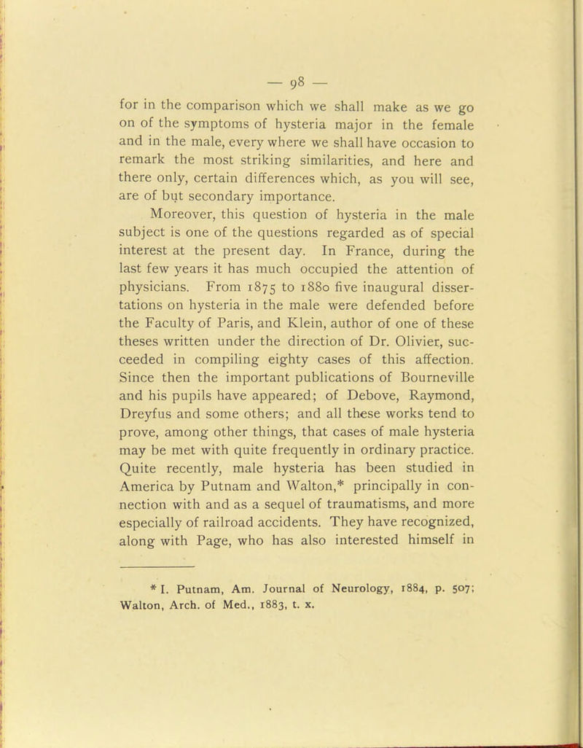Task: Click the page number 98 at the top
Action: coord(291,77)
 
